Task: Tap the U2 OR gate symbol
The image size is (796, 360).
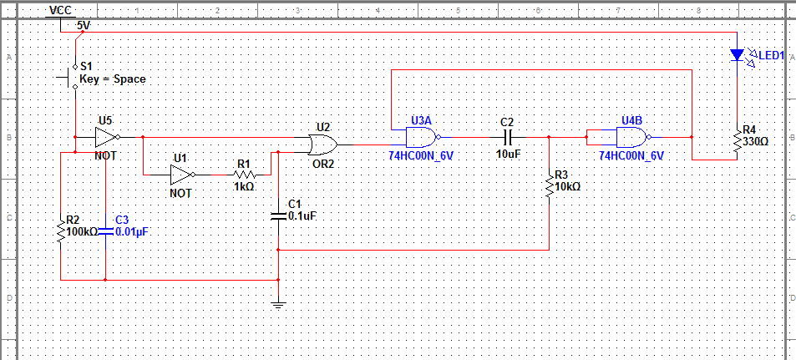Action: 322,145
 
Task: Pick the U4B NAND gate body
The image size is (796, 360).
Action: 632,137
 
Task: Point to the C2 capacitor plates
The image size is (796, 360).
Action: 507,137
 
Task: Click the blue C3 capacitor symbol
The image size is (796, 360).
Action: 105,231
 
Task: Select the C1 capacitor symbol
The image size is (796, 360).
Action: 278,215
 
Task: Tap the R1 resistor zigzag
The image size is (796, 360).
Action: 244,175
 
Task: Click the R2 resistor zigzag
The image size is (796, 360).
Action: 60,231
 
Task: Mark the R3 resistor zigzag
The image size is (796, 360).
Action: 550,186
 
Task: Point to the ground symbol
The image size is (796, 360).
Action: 278,305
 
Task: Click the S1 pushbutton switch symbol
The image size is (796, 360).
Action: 70,77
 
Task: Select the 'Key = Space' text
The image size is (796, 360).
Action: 113,79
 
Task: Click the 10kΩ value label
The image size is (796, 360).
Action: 568,187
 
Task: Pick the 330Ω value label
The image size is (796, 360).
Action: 755,141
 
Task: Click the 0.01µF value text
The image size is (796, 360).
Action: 134,232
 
